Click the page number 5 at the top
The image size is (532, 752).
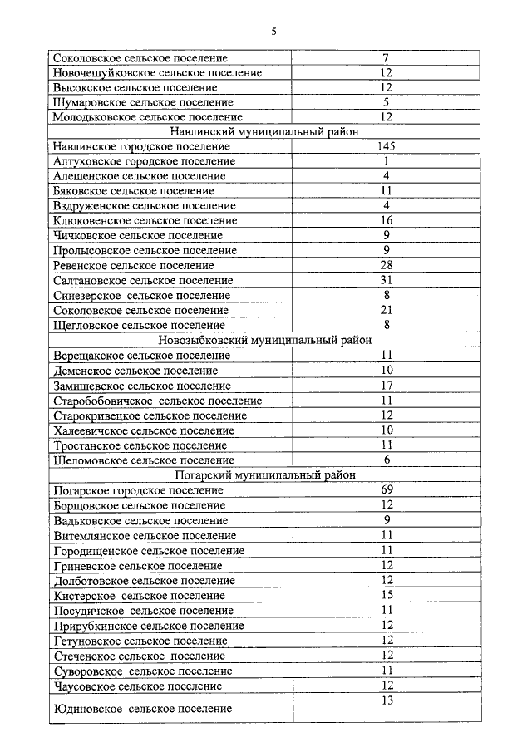click(273, 32)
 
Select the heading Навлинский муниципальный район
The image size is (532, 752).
click(264, 131)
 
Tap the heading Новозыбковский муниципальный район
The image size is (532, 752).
click(264, 340)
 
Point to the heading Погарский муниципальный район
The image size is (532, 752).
click(265, 474)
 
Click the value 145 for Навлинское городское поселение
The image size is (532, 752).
click(386, 146)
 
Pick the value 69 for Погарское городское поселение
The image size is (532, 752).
click(387, 489)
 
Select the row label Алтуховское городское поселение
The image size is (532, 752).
click(143, 161)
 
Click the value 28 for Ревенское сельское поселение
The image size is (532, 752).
click(387, 265)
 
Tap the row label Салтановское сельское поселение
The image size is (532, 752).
click(143, 281)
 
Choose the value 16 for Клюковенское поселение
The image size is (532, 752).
click(387, 221)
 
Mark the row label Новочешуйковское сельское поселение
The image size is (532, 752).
click(157, 73)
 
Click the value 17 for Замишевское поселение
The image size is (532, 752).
click(387, 386)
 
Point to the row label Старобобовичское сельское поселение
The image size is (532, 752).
click(157, 401)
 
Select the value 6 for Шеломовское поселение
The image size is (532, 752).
click(387, 460)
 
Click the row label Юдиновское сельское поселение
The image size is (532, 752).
click(142, 709)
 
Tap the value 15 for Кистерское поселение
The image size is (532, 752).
click(387, 595)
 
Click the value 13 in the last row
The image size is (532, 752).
click(387, 700)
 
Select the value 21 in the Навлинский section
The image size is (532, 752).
click(387, 310)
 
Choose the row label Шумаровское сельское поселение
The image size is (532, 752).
click(142, 103)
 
